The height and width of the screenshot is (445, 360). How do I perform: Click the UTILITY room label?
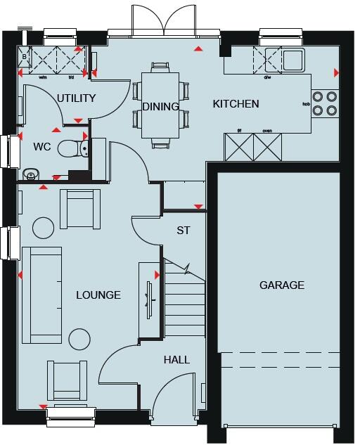77,98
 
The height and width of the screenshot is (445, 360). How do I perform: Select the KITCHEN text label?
236,104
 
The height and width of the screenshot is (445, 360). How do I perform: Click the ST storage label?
184,230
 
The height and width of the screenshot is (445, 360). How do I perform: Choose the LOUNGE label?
98,295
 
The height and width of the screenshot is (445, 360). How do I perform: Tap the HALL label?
176,359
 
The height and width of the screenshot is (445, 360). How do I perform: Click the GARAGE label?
282,285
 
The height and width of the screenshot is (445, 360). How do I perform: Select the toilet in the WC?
71,148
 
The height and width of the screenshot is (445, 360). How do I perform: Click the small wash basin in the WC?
30,174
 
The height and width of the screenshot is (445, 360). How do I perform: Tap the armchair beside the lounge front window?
63,380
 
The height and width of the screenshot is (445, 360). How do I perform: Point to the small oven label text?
267,131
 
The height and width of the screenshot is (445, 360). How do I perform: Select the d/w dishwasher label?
267,77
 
